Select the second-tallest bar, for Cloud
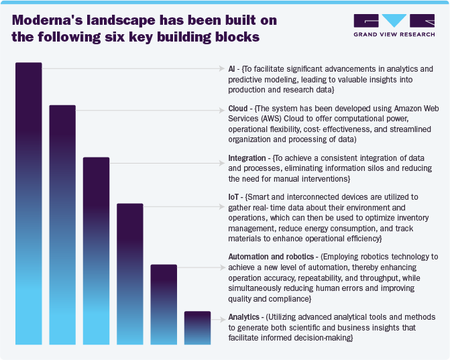click(x=62, y=225)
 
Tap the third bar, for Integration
click(x=96, y=251)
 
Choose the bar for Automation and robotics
click(x=164, y=304)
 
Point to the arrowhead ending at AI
click(x=222, y=69)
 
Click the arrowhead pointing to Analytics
click(x=222, y=316)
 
